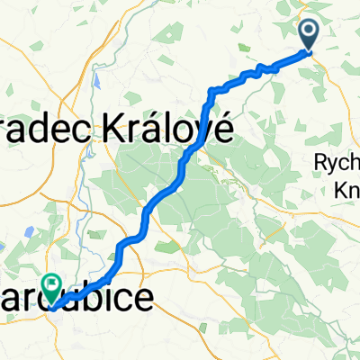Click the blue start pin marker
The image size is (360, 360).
pyautogui.click(x=309, y=34)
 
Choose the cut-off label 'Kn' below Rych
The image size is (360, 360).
pyautogui.click(x=346, y=189)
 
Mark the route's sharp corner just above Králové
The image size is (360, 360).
pyautogui.click(x=212, y=90)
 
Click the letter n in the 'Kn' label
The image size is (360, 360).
pyautogui.click(x=352, y=190)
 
